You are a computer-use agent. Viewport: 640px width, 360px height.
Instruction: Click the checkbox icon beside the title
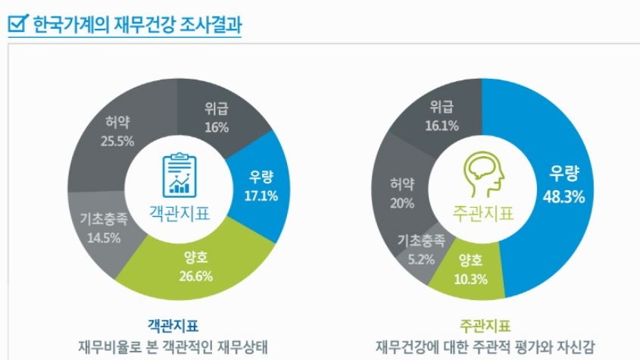[17, 25]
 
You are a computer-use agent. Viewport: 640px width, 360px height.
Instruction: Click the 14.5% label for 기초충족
[99, 236]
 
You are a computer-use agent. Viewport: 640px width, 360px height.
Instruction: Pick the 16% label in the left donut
[217, 127]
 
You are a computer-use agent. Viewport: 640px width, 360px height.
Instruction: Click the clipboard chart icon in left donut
[179, 174]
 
